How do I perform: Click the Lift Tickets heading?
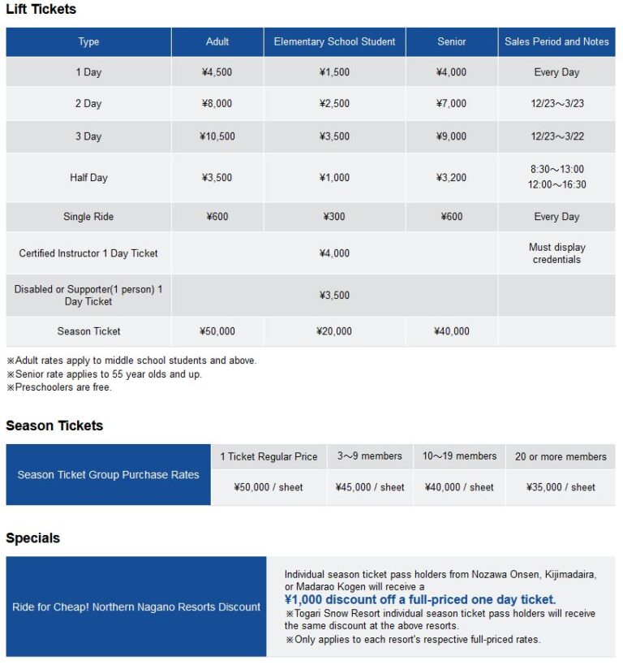pos(41,10)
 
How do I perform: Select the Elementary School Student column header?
pos(334,41)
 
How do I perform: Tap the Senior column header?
pos(452,41)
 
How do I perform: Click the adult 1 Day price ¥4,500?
pos(217,72)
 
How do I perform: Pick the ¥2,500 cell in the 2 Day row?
pos(334,104)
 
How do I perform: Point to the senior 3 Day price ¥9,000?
pos(452,136)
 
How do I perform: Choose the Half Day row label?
pos(88,178)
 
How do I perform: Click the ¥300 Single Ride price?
pos(334,217)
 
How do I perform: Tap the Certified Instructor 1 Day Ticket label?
pos(88,253)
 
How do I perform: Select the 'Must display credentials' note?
pos(556,253)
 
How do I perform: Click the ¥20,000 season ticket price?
pos(334,331)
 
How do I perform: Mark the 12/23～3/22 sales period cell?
pos(556,136)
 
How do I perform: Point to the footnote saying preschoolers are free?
pos(59,387)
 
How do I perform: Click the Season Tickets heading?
pos(54,425)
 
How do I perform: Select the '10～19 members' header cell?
pos(459,456)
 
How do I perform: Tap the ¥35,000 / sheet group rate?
pos(561,487)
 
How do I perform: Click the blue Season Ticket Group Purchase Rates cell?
pos(108,475)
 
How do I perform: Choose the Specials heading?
pos(32,538)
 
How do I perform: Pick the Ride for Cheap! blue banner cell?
pos(136,607)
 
